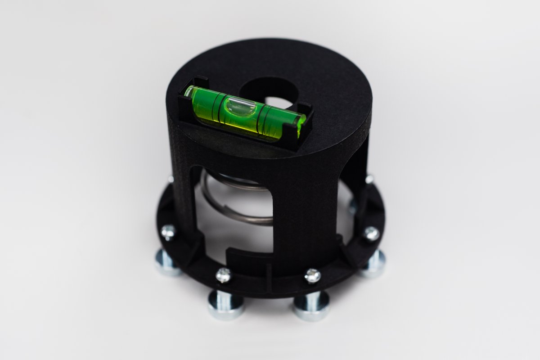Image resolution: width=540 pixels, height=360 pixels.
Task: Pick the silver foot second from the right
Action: (x=311, y=306)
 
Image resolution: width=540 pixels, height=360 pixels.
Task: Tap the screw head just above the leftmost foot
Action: (x=168, y=232)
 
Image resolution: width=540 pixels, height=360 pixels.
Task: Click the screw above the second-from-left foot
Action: (x=223, y=274)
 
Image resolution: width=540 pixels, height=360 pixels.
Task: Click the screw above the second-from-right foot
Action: (x=312, y=275)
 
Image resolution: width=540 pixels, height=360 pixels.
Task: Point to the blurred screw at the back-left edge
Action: (x=171, y=179)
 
